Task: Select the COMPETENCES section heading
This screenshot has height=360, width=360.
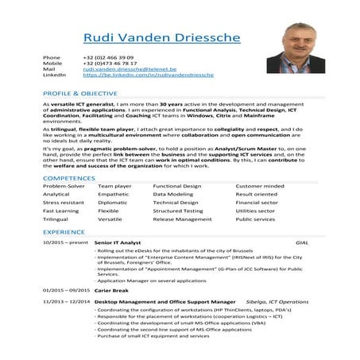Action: [x=69, y=178]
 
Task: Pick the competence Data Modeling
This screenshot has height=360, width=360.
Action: [x=172, y=194]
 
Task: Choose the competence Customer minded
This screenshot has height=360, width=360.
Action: [x=259, y=185]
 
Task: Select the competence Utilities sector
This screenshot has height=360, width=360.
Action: [x=254, y=211]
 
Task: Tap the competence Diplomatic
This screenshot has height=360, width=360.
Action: [x=112, y=203]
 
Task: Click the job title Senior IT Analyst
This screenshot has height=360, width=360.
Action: [x=118, y=241]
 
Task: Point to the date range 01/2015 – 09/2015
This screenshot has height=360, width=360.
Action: [x=66, y=290]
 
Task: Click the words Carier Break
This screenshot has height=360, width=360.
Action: [x=111, y=290]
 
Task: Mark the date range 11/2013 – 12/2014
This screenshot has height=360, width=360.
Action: [x=65, y=302]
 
